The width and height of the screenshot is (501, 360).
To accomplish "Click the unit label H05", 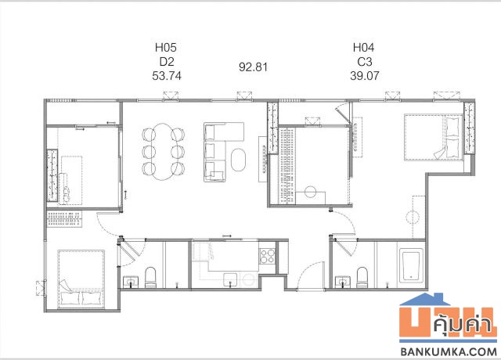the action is (165, 48).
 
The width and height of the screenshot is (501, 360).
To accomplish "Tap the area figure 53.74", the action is (167, 76).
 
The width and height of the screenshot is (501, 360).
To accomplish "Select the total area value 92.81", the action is (253, 67).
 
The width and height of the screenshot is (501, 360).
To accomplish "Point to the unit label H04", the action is (363, 48).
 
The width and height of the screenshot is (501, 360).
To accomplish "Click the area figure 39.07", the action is (365, 76).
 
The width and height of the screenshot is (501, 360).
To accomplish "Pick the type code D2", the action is (167, 62).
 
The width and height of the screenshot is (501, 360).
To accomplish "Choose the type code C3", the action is (365, 62).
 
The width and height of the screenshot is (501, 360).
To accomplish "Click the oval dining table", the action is (164, 152).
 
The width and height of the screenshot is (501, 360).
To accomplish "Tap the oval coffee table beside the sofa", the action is (238, 160).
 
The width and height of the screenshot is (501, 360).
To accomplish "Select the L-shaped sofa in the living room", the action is (214, 152).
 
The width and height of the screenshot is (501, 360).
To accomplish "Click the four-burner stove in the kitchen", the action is (267, 256).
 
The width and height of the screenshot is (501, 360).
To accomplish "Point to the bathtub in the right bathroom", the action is (410, 266).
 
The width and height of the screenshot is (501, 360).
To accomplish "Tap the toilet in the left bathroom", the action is (150, 277).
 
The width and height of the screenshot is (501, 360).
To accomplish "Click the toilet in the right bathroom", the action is (362, 277).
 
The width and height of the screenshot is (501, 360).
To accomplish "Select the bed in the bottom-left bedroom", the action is (81, 279).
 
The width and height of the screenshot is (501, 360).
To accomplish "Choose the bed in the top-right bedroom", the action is (434, 137).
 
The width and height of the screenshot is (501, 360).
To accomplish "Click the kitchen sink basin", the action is (230, 280).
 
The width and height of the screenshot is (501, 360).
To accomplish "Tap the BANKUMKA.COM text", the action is (449, 351).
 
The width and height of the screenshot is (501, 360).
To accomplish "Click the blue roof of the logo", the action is (425, 300).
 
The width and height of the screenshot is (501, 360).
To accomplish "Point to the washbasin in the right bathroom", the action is (343, 282).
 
